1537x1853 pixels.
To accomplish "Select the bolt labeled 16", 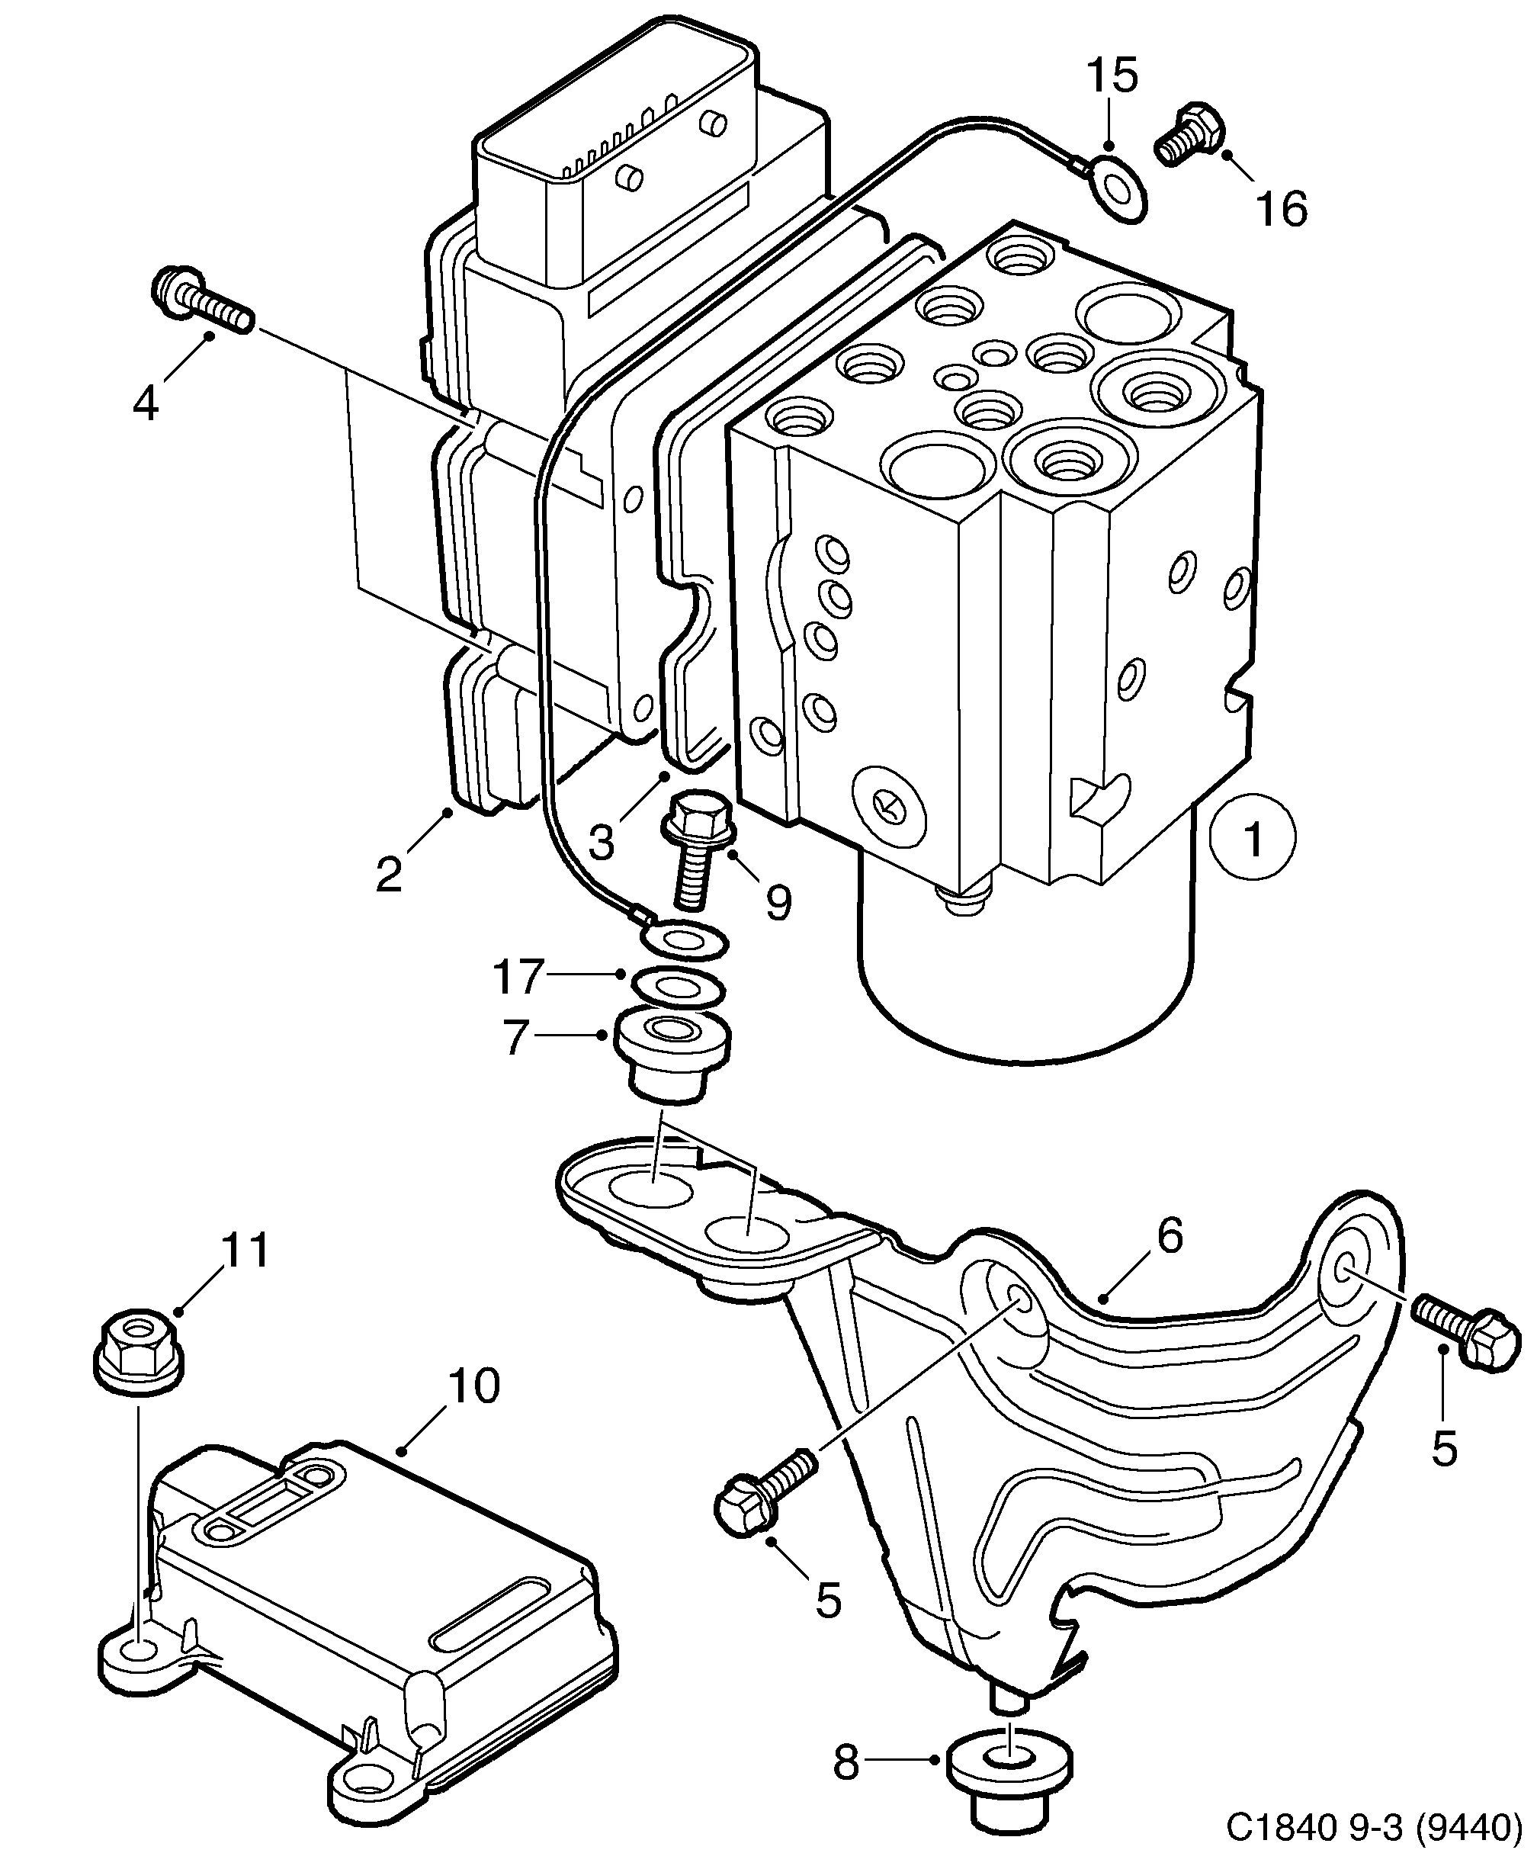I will pyautogui.click(x=1189, y=135).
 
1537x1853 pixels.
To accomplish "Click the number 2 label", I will pyautogui.click(x=388, y=875).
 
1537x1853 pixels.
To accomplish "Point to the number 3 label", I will pyautogui.click(x=600, y=843).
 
